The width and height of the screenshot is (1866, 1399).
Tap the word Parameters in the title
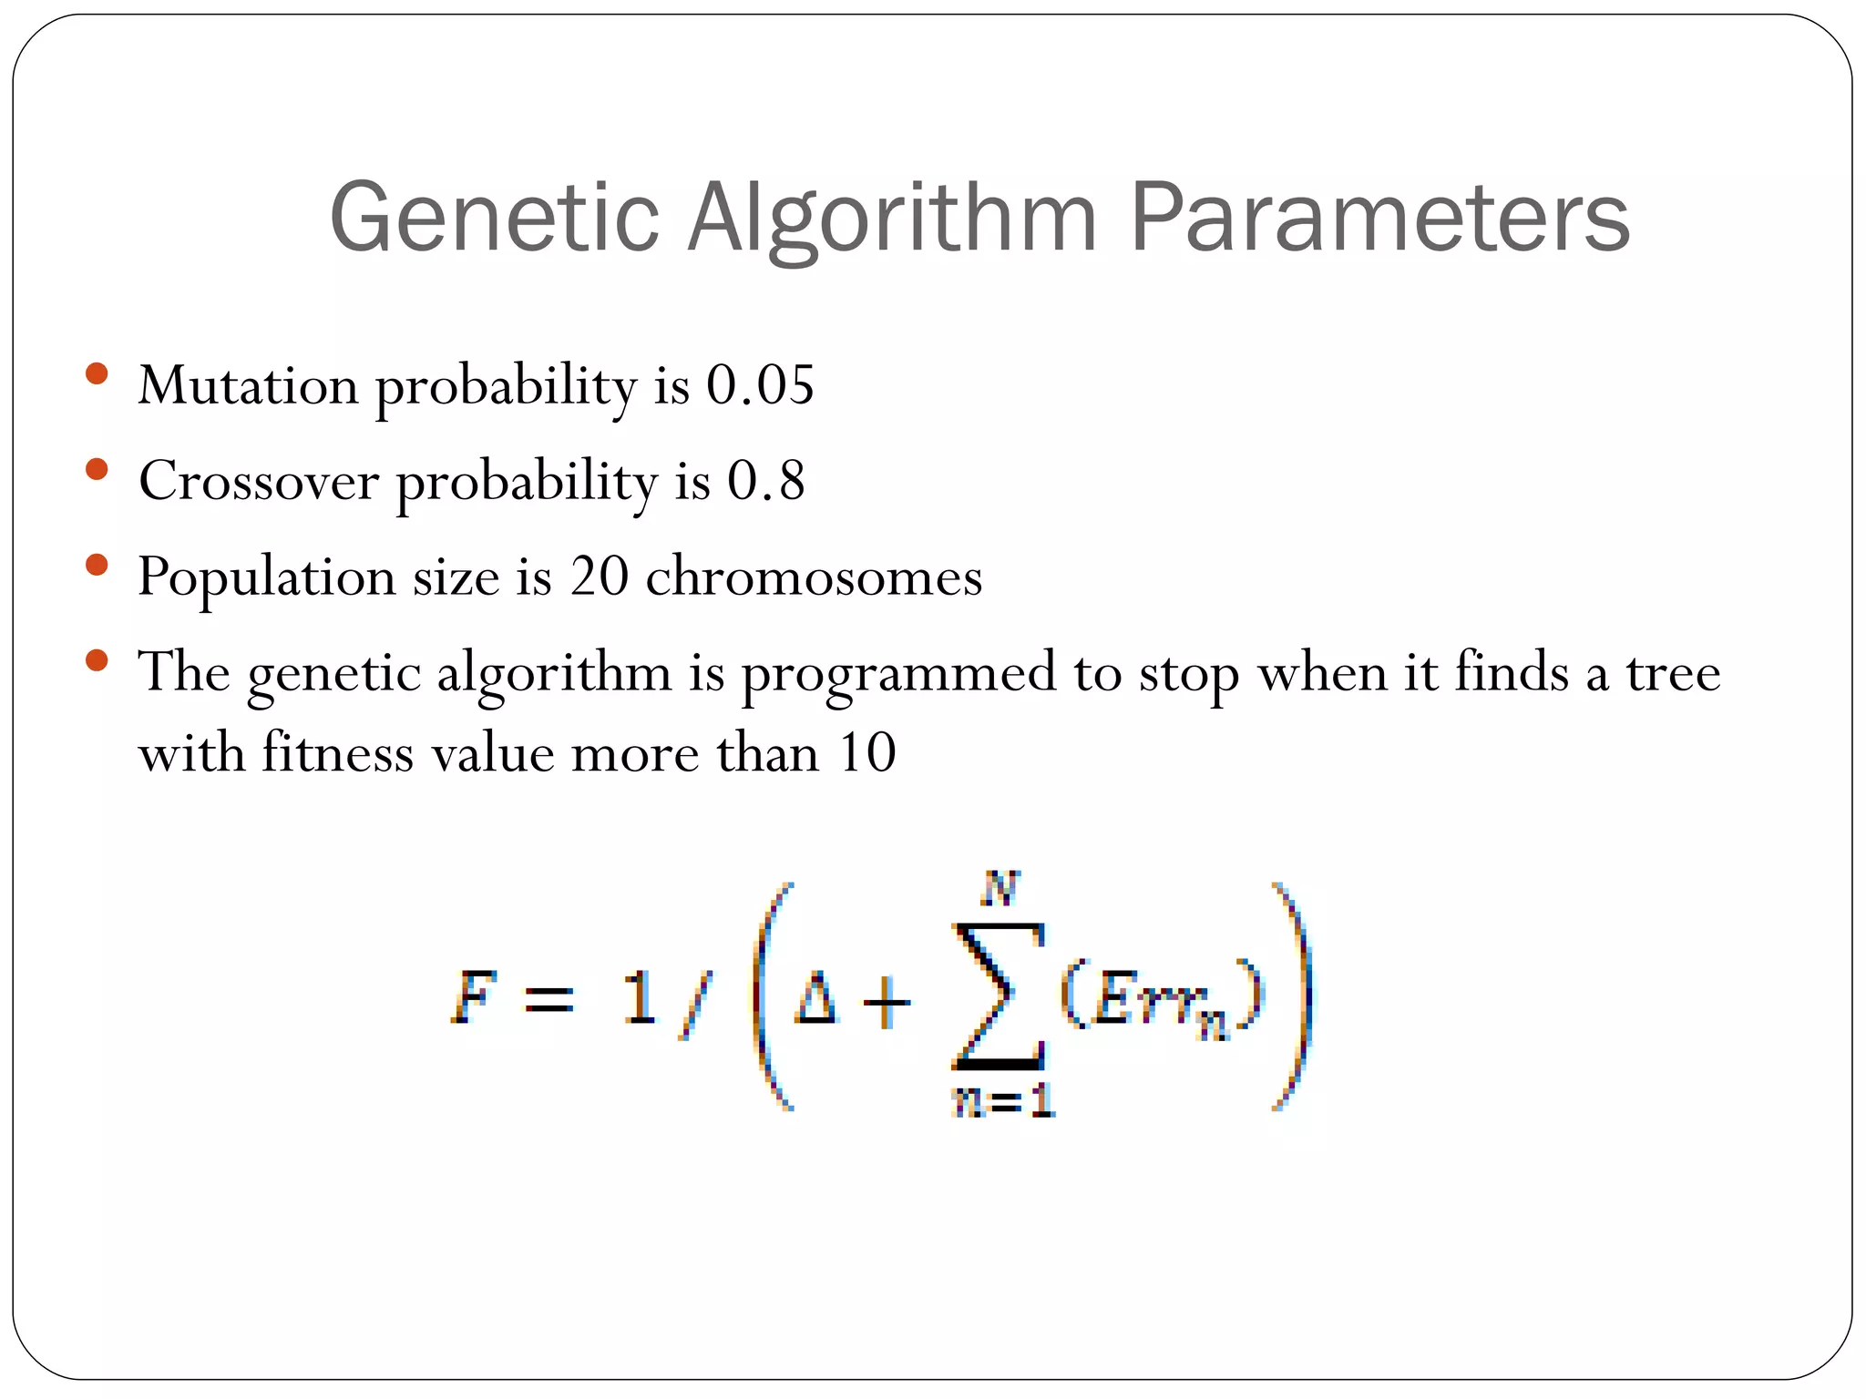tap(1379, 219)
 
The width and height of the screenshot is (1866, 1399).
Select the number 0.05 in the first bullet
tap(760, 384)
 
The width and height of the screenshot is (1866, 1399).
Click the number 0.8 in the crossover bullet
tap(765, 480)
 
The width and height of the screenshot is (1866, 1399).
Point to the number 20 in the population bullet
tap(599, 576)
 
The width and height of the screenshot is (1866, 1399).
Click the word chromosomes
tap(814, 576)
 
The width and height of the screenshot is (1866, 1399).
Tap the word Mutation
tap(248, 384)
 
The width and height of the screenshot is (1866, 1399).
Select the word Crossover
tap(259, 480)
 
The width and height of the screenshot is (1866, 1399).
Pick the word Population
tap(266, 577)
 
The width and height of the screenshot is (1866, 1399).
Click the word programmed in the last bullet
tap(898, 674)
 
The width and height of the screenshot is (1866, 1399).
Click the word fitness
tap(338, 753)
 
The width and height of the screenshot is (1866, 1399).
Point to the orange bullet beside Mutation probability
tap(96, 373)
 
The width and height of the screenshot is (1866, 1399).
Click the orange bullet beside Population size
tap(96, 566)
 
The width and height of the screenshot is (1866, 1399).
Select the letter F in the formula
tap(475, 998)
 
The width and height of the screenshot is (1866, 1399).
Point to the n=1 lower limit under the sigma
tap(1003, 1102)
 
